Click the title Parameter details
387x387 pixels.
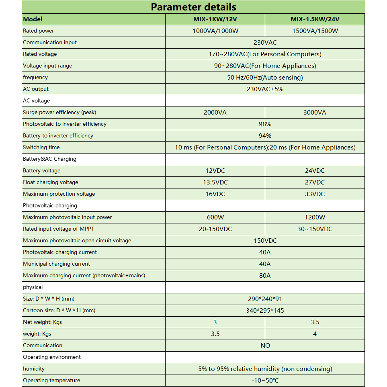(193, 7)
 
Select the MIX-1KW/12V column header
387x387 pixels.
(215, 19)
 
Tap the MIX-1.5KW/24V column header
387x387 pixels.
(315, 19)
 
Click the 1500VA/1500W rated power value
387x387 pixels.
(315, 31)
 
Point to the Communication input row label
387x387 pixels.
(50, 43)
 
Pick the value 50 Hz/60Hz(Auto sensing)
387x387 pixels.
(265, 78)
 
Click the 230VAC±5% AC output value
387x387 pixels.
(265, 89)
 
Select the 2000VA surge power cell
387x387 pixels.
(215, 113)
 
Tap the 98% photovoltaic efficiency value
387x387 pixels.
(265, 124)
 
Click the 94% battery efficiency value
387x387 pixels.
(265, 136)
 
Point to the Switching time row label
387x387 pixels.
(41, 147)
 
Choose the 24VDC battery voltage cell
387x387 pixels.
(315, 171)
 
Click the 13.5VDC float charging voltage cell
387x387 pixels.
(215, 182)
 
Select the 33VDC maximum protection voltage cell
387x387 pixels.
(315, 194)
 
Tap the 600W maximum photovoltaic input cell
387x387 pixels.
(215, 217)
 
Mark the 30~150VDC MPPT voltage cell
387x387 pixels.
(315, 229)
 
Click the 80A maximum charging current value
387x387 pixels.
(265, 276)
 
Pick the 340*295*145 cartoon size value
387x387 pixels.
(265, 311)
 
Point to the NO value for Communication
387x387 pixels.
(265, 346)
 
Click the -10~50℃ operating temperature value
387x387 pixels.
(265, 381)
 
